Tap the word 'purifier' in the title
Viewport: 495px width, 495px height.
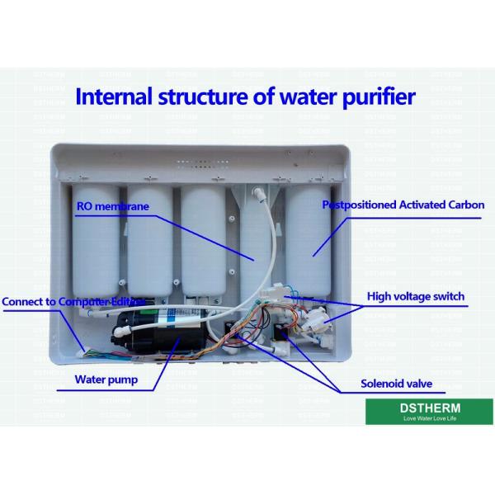(376, 97)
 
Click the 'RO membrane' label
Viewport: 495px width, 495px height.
(112, 206)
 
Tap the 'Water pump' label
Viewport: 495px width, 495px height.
(106, 380)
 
